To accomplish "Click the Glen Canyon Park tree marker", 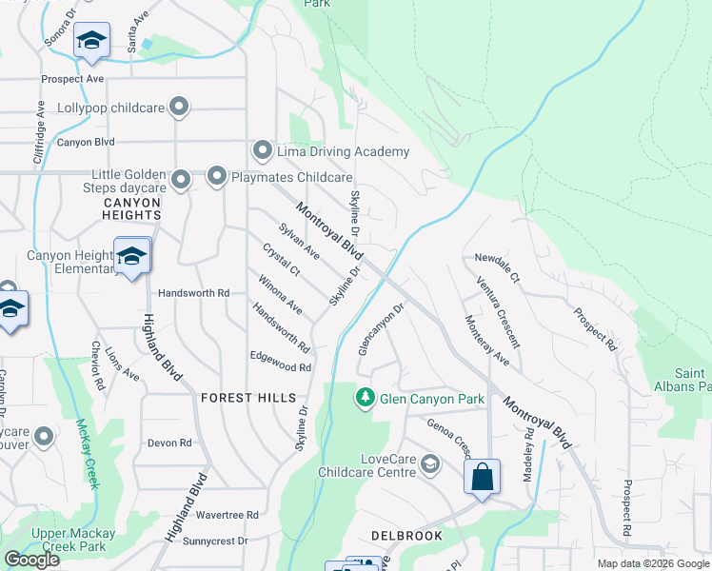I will (364, 398).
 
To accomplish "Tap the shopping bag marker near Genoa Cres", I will (483, 476).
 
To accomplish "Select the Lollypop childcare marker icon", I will (178, 107).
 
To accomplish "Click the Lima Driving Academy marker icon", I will (263, 151).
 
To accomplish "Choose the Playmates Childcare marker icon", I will (217, 176).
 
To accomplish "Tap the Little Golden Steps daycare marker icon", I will (180, 179).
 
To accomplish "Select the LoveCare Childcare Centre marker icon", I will (430, 464).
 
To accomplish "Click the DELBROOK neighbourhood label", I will (406, 536).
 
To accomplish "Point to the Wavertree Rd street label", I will (227, 514).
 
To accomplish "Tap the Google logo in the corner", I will (31, 560).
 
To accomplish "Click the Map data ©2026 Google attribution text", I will (652, 563).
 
